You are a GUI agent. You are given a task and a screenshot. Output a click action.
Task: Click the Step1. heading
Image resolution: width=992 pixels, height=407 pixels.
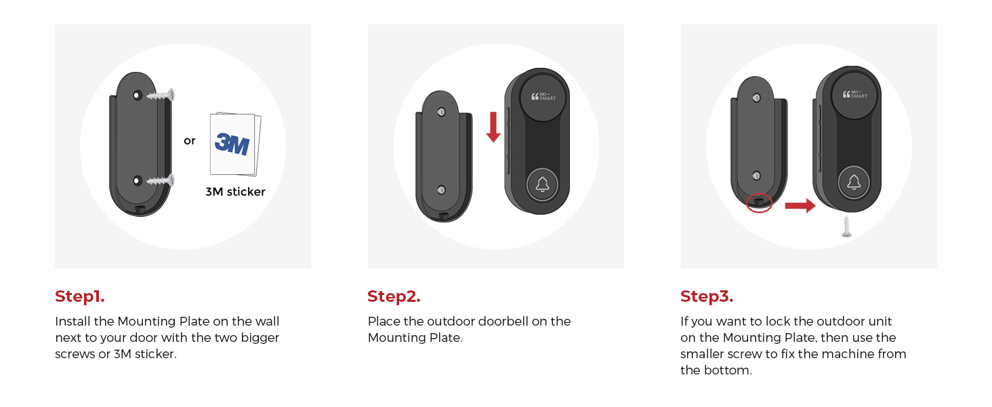click(x=80, y=296)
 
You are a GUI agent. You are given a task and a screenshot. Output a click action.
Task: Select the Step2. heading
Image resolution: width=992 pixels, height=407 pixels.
click(x=394, y=296)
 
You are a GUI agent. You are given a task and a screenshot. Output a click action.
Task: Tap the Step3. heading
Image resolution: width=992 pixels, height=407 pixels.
click(x=707, y=296)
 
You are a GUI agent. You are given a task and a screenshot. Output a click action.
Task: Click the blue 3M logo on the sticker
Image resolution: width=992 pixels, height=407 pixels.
click(x=232, y=144)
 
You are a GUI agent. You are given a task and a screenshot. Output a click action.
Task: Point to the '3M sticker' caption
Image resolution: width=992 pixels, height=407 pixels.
click(x=235, y=192)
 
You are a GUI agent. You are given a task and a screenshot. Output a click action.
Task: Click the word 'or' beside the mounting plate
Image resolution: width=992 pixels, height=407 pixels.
click(x=190, y=141)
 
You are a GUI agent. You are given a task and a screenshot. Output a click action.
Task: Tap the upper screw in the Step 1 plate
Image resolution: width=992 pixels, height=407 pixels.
click(x=160, y=96)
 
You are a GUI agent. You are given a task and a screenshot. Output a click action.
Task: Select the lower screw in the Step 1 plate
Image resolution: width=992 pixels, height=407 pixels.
click(x=160, y=180)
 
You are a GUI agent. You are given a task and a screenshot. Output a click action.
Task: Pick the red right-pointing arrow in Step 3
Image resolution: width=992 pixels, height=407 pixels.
click(x=800, y=206)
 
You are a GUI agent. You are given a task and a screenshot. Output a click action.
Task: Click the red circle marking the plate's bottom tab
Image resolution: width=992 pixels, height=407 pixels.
click(x=759, y=202)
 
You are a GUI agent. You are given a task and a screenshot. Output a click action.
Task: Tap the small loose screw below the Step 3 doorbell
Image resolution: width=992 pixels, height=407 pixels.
click(x=846, y=227)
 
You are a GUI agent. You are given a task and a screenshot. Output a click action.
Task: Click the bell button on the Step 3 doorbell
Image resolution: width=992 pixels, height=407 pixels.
click(x=854, y=182)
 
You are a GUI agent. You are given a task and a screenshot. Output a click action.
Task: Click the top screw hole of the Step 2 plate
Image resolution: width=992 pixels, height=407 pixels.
click(x=441, y=113)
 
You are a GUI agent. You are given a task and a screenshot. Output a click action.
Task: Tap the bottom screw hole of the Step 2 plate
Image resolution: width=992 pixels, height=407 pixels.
click(x=441, y=190)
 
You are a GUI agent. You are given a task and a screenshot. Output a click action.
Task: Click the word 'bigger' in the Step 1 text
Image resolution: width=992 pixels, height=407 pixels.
click(x=260, y=337)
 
